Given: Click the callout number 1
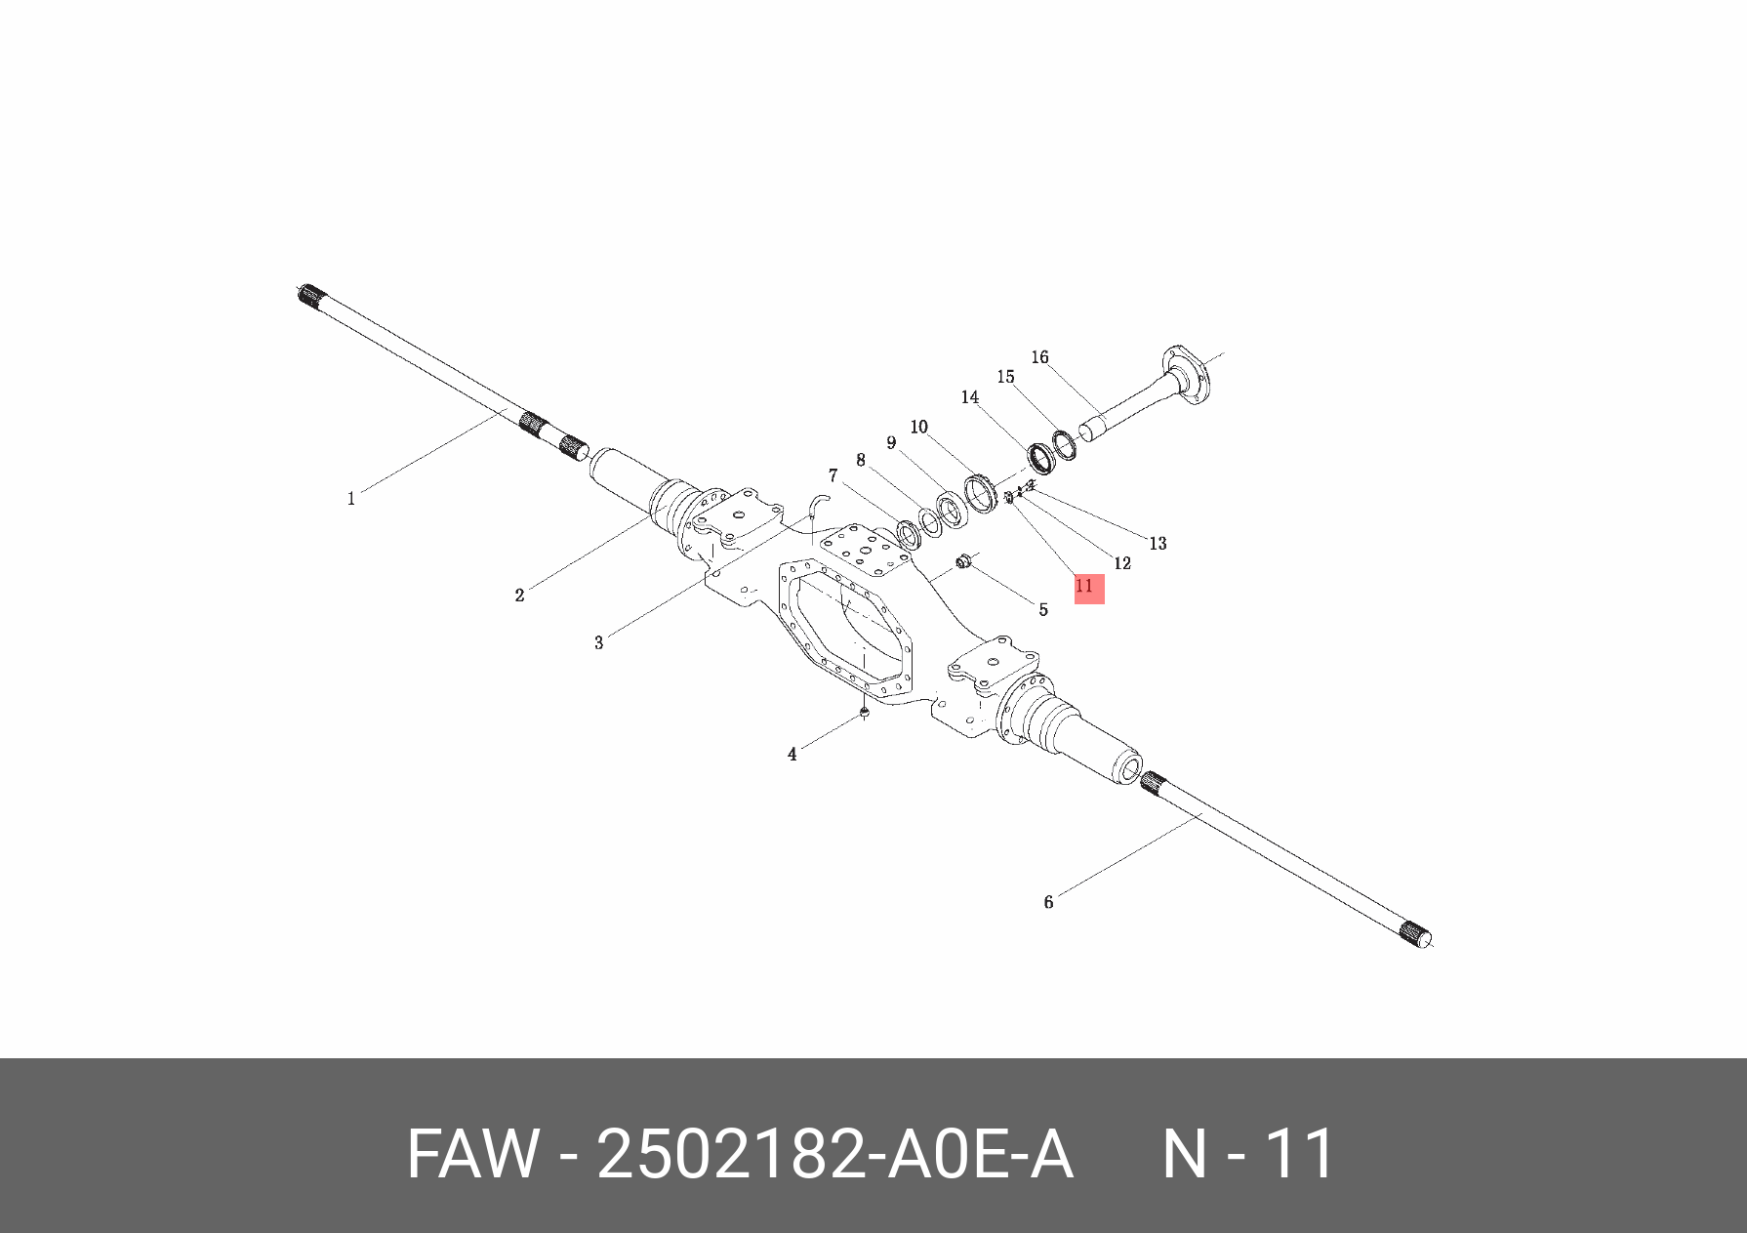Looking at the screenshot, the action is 351,499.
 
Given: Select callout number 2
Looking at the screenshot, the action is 519,595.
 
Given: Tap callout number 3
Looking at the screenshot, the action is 598,642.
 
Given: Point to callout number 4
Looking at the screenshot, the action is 792,755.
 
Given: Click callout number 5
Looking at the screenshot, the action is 1042,610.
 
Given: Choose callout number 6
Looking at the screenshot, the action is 1048,902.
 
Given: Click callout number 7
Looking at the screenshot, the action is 833,475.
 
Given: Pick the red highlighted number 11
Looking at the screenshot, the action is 1088,588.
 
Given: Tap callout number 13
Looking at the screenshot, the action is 1158,543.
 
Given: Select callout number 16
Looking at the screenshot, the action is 1039,357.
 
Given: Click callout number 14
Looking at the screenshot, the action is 969,397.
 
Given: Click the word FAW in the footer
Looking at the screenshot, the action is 472,1155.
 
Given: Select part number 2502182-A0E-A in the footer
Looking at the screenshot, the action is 834,1155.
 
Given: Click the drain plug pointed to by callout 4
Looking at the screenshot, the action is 864,714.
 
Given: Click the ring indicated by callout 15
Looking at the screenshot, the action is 1064,444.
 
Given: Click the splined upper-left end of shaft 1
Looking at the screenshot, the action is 311,295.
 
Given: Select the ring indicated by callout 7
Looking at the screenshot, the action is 909,534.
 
